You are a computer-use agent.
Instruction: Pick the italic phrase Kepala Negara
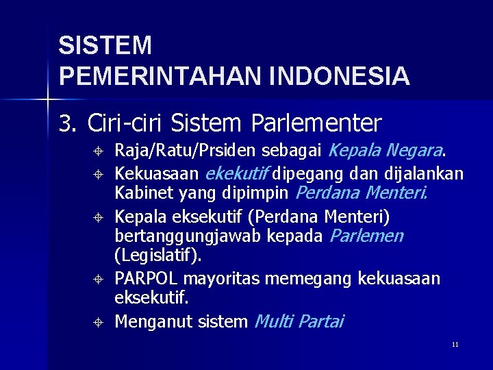388,149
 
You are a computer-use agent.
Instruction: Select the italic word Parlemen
367,236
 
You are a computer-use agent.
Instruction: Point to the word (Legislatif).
158,257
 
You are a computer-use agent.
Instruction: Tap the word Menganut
145,321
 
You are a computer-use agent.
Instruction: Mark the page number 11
455,344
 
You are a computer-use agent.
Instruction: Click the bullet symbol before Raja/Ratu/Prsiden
99,151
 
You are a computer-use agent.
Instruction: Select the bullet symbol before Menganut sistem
99,322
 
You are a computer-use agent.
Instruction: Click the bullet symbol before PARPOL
99,279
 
